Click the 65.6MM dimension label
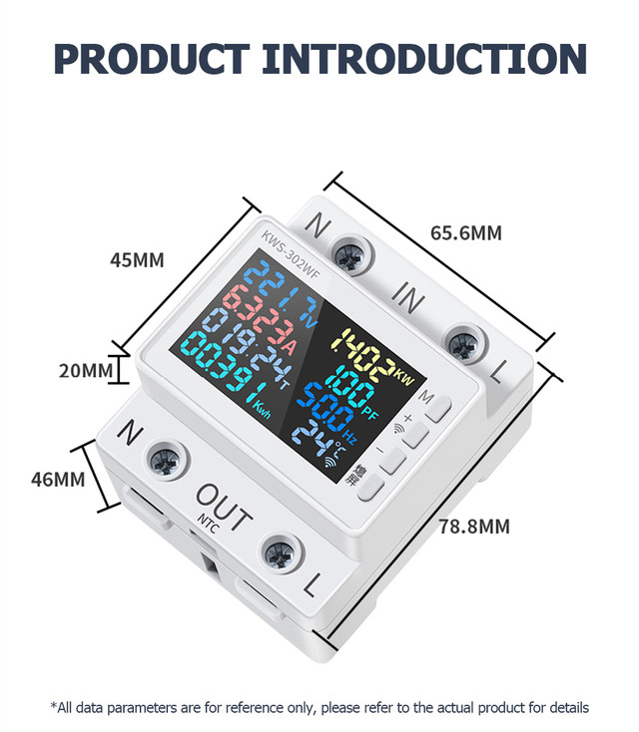pyautogui.click(x=465, y=233)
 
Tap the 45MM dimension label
pyautogui.click(x=136, y=260)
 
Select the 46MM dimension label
pyautogui.click(x=58, y=479)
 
